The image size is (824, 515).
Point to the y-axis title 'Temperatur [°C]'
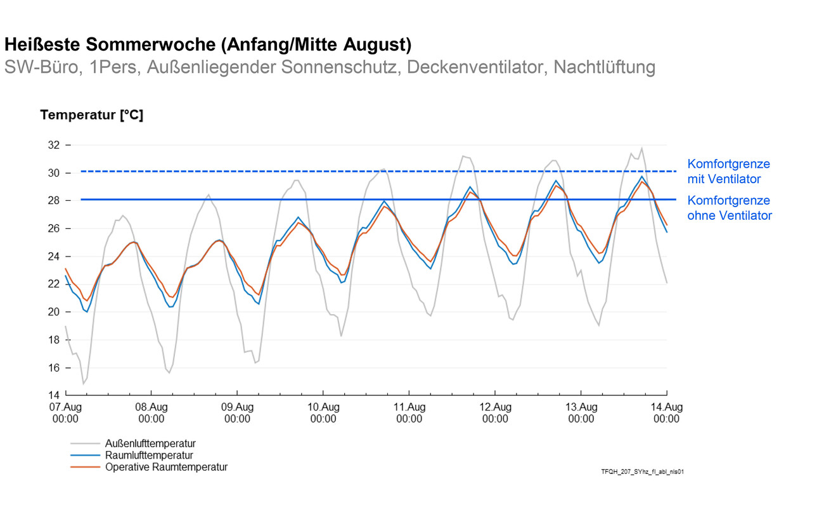coord(91,115)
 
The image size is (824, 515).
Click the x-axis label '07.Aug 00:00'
coord(65,413)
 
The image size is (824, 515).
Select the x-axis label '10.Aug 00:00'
coord(323,413)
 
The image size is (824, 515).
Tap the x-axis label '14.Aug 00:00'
coord(667,413)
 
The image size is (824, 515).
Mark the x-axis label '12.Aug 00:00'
coord(495,413)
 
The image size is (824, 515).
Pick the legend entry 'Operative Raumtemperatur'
coord(166,467)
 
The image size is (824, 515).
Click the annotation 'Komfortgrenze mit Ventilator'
coord(728,172)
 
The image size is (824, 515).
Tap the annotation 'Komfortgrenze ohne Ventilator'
coord(730,208)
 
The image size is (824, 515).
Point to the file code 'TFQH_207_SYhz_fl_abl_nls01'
coord(642,472)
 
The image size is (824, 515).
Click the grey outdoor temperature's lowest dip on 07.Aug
coord(83,383)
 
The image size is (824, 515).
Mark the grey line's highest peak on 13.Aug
coord(641,148)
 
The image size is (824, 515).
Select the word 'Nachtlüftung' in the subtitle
coord(604,67)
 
